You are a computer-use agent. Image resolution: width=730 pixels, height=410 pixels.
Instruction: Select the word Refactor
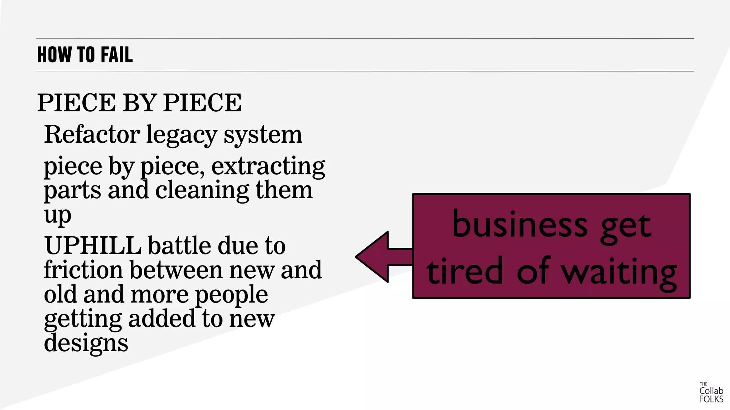pyautogui.click(x=92, y=135)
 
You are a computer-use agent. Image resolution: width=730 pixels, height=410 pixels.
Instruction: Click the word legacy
pyautogui.click(x=181, y=135)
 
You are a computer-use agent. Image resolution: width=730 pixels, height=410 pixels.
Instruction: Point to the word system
pyautogui.click(x=263, y=135)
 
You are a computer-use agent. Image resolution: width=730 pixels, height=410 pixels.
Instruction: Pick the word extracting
pyautogui.click(x=268, y=166)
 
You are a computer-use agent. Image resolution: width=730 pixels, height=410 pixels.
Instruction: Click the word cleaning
pyautogui.click(x=202, y=190)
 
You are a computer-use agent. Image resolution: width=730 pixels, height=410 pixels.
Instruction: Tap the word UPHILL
pyautogui.click(x=93, y=246)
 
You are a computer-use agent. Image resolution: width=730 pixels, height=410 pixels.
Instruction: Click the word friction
pyautogui.click(x=83, y=270)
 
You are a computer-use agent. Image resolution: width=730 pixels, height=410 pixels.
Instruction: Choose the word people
pyautogui.click(x=231, y=295)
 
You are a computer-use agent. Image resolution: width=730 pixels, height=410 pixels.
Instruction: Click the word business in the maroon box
pyautogui.click(x=520, y=225)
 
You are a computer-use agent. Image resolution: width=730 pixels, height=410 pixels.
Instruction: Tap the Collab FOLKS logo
pyautogui.click(x=711, y=393)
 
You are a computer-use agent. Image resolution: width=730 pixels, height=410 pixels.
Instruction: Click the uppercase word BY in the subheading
pyautogui.click(x=139, y=103)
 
